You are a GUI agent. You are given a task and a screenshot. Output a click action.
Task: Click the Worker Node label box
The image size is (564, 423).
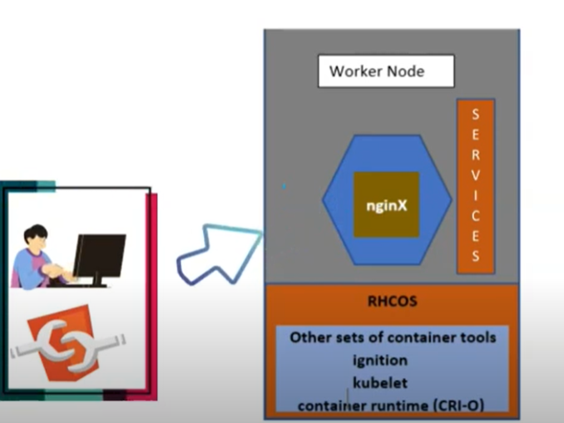386,71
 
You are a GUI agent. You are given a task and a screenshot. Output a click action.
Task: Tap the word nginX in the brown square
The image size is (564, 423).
387,204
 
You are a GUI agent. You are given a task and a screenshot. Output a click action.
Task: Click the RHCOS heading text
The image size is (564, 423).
392,301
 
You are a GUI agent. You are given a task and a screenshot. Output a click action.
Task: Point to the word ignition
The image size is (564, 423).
380,361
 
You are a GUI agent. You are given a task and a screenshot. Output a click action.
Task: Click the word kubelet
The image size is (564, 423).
379,383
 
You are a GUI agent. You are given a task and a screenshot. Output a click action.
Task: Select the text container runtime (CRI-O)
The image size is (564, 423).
391,405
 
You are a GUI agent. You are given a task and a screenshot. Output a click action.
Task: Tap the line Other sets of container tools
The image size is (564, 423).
392,337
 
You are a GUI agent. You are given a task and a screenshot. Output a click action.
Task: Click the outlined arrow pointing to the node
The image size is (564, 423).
219,254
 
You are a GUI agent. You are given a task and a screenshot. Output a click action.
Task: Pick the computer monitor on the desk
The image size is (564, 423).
100,254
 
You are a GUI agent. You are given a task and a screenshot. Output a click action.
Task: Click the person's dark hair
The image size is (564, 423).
37,234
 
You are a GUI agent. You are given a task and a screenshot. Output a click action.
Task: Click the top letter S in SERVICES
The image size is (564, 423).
476,115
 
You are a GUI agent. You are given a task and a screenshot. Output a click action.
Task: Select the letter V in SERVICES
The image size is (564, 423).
476,175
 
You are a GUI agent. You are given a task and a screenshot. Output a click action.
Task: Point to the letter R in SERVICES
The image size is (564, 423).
476,155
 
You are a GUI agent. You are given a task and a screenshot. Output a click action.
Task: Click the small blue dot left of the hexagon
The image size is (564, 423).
284,188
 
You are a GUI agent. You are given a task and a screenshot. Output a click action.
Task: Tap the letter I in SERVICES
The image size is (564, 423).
476,194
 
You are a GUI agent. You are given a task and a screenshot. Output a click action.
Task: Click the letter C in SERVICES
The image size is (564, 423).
476,214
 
